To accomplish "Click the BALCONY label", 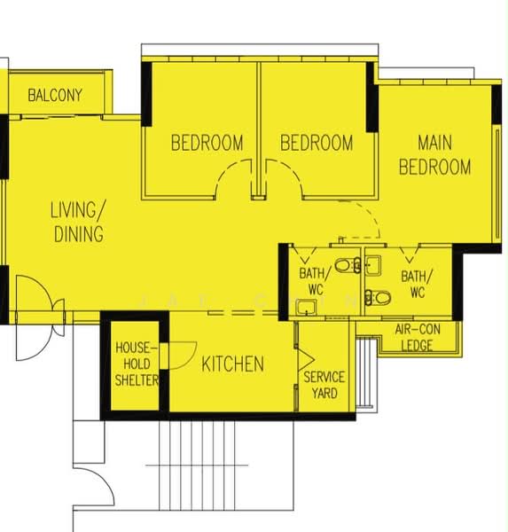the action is [x=55, y=95].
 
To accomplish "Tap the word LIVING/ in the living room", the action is [x=78, y=209].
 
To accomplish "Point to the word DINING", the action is [x=79, y=234].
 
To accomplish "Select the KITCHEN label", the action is [x=233, y=364].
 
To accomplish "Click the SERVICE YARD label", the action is [x=324, y=385].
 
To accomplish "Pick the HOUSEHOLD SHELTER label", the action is [x=137, y=364].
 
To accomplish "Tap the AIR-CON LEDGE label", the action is [x=418, y=337].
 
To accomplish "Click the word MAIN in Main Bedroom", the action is [x=434, y=143].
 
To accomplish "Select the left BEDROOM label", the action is [x=207, y=143].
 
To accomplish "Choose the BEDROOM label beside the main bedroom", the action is [x=317, y=143].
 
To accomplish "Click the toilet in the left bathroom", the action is [x=347, y=265].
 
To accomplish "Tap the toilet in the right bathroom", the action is [x=378, y=298].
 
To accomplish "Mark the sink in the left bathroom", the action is [x=306, y=307].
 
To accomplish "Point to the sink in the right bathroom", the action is [x=373, y=265].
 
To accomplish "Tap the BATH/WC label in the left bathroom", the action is [x=315, y=281].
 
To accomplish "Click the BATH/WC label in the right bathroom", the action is [x=417, y=284].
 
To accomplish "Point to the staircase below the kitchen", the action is [x=197, y=465].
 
